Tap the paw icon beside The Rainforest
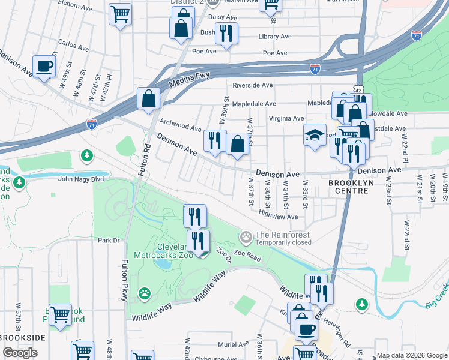245,238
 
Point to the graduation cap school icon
314,136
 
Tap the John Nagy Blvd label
81,179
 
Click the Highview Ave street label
278,217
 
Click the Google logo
20,352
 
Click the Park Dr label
109,241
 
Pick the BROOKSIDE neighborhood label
22,338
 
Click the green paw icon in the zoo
144,293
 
